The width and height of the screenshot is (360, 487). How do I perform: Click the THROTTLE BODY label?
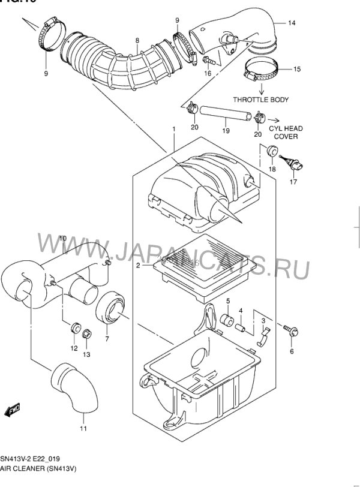click(260, 100)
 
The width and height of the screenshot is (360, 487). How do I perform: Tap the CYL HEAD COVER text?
click(286, 132)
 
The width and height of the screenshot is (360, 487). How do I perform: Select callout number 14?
click(292, 24)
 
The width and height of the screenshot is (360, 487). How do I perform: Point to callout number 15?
click(297, 70)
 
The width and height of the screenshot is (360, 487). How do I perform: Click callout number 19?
click(225, 130)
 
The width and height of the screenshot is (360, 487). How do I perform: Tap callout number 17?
click(294, 182)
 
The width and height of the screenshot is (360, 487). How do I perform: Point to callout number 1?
click(173, 129)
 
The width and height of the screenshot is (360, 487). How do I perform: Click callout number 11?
click(83, 428)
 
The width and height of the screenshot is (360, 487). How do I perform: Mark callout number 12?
click(74, 348)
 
